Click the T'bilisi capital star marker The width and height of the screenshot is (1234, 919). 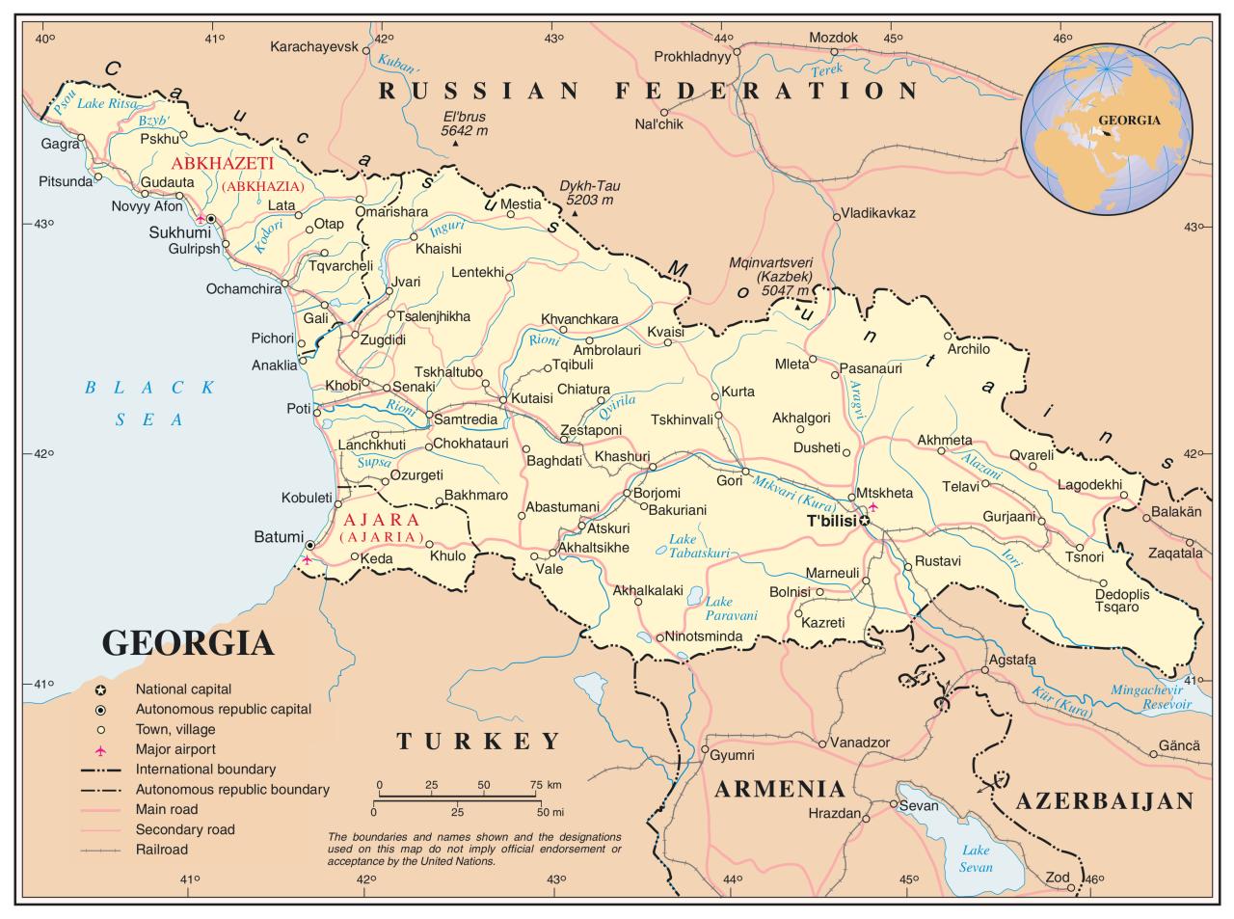pyautogui.click(x=865, y=521)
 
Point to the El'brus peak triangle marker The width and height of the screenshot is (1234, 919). pyautogui.click(x=455, y=145)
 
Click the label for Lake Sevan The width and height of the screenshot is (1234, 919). pyautogui.click(x=976, y=858)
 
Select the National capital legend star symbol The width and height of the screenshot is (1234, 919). pyautogui.click(x=100, y=689)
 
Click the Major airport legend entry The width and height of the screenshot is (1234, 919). pyautogui.click(x=175, y=749)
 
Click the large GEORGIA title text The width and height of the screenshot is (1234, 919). pyautogui.click(x=187, y=642)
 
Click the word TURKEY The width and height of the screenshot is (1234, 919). pyautogui.click(x=478, y=741)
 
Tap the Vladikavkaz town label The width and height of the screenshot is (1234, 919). pyautogui.click(x=877, y=212)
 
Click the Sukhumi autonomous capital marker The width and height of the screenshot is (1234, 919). pyautogui.click(x=210, y=221)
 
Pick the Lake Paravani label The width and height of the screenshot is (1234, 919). pyautogui.click(x=730, y=608)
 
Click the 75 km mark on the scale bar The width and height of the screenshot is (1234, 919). pyautogui.click(x=537, y=785)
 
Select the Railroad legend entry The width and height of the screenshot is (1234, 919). pyautogui.click(x=161, y=850)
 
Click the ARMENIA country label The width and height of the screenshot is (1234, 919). pyautogui.click(x=780, y=789)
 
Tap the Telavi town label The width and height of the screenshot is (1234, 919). pyautogui.click(x=960, y=487)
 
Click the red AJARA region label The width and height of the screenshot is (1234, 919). pyautogui.click(x=382, y=519)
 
